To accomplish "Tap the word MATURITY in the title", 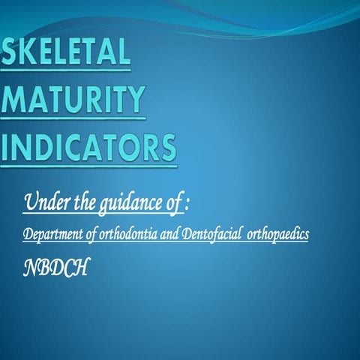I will click(73, 101).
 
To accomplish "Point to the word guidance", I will click(127, 202).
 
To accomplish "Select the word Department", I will click(54, 234).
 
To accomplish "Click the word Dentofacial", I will click(220, 234).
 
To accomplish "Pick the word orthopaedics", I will click(284, 234).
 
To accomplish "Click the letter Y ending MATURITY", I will click(134, 101).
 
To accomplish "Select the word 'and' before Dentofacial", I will click(181, 234).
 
